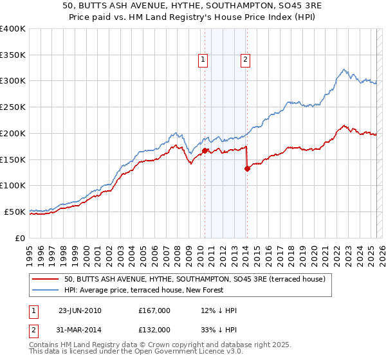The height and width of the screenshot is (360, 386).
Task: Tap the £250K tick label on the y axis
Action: (x=13, y=107)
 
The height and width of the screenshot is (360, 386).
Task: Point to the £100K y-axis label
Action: (x=13, y=185)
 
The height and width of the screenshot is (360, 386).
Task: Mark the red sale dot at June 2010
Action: (x=205, y=151)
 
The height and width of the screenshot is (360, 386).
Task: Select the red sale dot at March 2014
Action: (x=247, y=169)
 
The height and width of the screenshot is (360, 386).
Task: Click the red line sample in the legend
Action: (x=45, y=280)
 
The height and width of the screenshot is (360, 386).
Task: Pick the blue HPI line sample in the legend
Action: (x=45, y=291)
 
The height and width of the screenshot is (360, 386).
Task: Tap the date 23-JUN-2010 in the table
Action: (x=80, y=310)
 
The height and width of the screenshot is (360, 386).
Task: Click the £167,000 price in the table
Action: (x=154, y=310)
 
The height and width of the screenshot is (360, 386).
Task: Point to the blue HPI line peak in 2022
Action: (x=345, y=69)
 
